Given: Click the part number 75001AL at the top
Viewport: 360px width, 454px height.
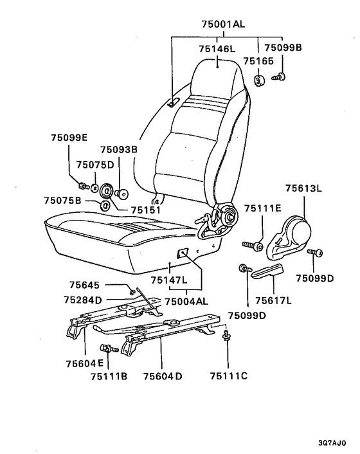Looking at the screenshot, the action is point(223,24).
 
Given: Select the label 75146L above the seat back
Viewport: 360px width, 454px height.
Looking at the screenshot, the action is point(217,49).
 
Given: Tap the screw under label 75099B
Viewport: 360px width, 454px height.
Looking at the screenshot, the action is point(278,77).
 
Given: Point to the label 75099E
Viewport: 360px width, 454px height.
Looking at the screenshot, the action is point(69,138).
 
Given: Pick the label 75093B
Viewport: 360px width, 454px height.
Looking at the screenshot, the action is point(119,150).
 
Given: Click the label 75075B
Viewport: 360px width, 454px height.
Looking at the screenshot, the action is point(62,201).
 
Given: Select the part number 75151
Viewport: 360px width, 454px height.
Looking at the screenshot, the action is point(145,210).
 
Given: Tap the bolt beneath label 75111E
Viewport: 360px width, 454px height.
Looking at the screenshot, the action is point(253,246).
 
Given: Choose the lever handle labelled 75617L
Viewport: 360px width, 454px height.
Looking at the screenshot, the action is point(267,271).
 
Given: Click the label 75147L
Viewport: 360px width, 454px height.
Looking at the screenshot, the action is point(169,280).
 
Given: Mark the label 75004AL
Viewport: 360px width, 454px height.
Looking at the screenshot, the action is point(186,301).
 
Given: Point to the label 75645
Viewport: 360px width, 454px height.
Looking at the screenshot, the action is point(84,286).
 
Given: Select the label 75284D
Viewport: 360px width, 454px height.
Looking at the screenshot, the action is point(83,300).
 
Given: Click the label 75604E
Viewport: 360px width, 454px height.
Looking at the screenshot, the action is point(84,363).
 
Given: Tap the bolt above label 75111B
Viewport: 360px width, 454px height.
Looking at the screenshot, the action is point(109,348).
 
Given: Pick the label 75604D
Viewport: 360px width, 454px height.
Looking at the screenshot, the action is point(163,376).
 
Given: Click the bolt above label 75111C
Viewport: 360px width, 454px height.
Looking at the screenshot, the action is point(226,335).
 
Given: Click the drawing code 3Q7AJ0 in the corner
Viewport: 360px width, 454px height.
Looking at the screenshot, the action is point(332,443).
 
